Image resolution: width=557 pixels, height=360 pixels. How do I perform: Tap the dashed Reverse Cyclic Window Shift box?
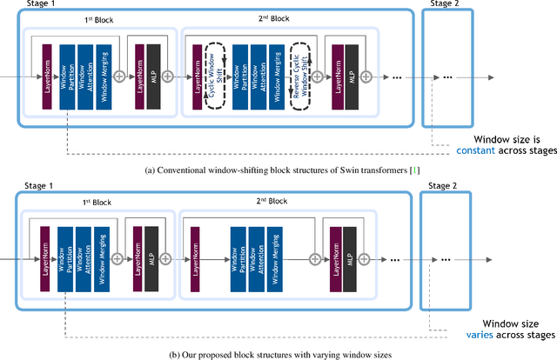(301, 76)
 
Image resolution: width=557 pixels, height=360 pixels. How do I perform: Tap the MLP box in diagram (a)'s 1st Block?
(153, 76)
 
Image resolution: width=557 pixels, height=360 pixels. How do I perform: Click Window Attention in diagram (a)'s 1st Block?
(84, 76)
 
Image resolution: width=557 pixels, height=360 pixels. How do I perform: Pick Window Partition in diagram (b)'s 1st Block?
(64, 259)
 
